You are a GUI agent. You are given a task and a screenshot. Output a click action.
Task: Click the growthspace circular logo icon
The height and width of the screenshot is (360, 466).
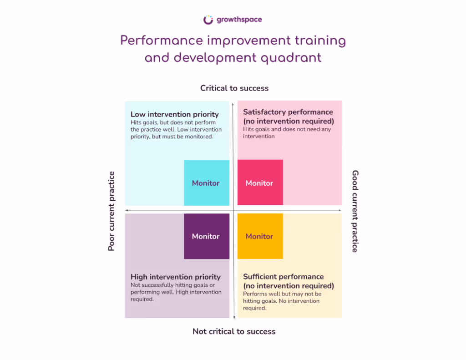tap(208, 20)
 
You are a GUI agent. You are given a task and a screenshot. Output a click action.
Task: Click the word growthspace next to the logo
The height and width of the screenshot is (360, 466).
tap(239, 20)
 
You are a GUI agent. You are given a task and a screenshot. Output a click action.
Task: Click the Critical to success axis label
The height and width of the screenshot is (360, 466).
tap(234, 88)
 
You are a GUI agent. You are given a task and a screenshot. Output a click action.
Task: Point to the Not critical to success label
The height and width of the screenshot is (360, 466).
tap(234, 331)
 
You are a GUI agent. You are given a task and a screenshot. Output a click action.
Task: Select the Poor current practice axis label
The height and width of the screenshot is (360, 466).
tap(111, 211)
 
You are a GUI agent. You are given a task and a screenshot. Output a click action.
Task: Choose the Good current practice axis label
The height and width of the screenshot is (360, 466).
tap(355, 211)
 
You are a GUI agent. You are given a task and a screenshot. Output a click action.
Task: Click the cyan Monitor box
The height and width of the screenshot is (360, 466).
tap(206, 183)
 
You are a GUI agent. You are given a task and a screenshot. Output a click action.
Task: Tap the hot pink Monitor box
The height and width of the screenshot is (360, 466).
tap(260, 183)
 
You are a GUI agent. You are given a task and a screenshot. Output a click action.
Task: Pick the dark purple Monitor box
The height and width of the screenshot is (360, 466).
tap(206, 236)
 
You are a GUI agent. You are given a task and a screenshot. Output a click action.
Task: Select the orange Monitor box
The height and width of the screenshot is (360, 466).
tap(260, 236)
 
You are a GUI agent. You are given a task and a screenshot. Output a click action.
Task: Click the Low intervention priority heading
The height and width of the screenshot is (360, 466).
tap(175, 114)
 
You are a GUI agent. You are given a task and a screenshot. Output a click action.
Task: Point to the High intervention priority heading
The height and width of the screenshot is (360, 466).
tap(176, 277)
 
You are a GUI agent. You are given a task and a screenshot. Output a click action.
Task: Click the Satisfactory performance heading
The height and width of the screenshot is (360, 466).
tap(288, 112)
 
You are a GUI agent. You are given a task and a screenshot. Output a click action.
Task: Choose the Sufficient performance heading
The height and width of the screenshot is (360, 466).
tap(284, 277)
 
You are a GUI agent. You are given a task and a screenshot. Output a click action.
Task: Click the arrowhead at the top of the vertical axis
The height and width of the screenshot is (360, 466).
tap(234, 103)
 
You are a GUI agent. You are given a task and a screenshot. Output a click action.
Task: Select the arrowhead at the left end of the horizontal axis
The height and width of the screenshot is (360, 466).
tap(127, 210)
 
